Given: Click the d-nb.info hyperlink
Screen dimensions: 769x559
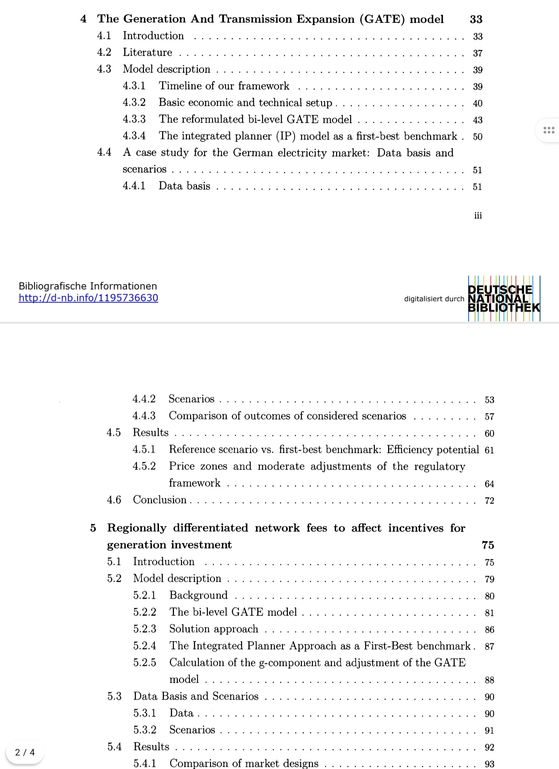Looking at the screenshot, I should (88, 298).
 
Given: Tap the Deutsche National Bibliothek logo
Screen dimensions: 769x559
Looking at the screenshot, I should (503, 299).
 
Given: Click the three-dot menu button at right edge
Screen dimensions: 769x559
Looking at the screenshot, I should (549, 131).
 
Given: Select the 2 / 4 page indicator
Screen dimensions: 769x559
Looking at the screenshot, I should (25, 752).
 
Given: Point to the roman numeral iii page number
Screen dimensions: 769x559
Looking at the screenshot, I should (478, 215).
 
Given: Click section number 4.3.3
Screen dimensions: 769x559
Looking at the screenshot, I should (134, 119).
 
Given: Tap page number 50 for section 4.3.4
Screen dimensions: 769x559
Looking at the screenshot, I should (477, 137).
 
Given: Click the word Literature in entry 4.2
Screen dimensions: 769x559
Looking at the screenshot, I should (147, 52).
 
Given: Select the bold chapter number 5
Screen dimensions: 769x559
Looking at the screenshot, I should (93, 528).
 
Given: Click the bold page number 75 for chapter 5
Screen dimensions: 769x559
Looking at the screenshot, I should (488, 545).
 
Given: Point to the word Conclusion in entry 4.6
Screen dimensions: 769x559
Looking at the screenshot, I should (160, 500).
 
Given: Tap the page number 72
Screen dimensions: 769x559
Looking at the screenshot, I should (489, 501).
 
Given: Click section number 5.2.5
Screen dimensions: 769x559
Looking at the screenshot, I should (144, 662).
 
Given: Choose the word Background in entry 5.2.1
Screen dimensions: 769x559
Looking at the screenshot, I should (198, 595).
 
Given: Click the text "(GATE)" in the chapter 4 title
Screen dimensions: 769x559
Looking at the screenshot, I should (383, 19).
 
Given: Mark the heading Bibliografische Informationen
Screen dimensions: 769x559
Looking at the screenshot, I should (88, 286).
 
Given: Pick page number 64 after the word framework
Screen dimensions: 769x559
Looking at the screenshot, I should (489, 484).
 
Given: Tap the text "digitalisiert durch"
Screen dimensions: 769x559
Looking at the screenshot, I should (434, 299).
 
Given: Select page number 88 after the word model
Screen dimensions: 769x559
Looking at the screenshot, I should (489, 680).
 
